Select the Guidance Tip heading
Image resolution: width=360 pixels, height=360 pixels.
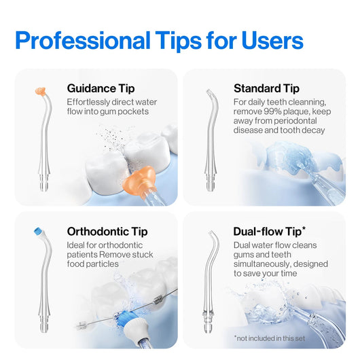pos(101,88)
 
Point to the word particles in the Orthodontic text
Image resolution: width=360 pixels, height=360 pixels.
pos(103,263)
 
